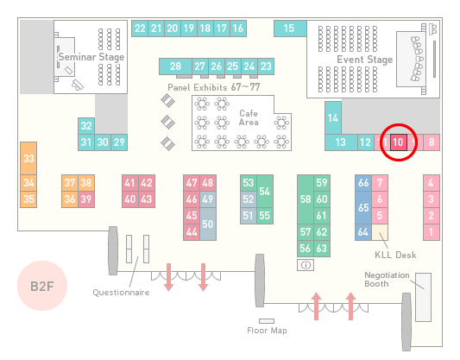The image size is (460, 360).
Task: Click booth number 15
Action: [290, 28]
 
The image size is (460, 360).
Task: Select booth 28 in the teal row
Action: [175, 66]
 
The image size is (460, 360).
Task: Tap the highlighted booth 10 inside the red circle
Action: [399, 142]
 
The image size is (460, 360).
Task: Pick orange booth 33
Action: [28, 159]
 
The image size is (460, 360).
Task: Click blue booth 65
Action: [363, 207]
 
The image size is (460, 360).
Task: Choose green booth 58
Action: [306, 199]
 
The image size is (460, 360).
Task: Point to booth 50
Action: [208, 224]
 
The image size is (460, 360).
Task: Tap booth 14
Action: [333, 118]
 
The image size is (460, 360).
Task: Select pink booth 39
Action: [86, 199]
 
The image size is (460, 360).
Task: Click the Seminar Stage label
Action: [91, 57]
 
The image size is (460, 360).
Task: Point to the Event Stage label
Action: [365, 60]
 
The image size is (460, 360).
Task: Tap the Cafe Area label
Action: [249, 117]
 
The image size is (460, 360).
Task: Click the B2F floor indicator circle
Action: [42, 286]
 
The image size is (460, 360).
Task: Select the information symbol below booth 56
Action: [306, 265]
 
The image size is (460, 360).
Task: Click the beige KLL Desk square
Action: [380, 232]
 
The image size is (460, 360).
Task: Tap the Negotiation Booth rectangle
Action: [424, 297]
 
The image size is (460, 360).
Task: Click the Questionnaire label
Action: [121, 293]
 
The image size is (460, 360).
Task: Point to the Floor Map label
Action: [267, 331]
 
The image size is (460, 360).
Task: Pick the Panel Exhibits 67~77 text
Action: [214, 87]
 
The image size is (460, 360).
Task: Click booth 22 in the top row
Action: [140, 28]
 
